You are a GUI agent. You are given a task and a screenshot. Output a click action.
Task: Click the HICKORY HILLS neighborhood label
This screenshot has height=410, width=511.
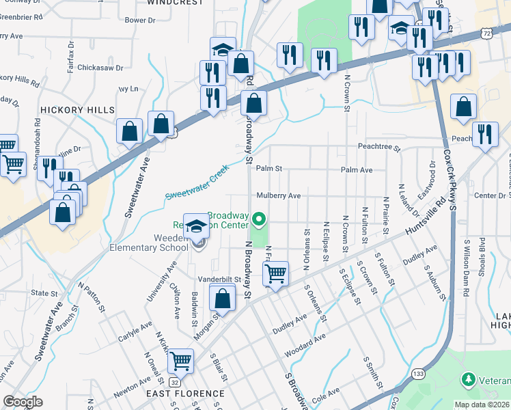[77, 109]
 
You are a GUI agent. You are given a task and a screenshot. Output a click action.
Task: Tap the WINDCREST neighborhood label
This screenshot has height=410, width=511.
[176, 3]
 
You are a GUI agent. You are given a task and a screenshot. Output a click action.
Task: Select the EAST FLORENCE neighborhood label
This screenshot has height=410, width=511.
[185, 394]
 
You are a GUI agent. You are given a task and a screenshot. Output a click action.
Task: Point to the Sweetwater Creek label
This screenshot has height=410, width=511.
[196, 187]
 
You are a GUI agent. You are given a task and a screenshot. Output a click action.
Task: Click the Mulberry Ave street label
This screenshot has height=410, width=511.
[278, 195]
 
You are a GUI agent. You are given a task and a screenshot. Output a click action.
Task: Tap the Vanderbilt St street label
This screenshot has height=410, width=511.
[220, 279]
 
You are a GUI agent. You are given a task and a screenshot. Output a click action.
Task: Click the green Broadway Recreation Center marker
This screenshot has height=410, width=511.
[259, 219]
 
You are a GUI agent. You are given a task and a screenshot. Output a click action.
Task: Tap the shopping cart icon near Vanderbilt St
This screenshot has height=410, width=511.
[275, 273]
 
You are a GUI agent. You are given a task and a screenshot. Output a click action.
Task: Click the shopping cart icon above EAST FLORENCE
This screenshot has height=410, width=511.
[180, 359]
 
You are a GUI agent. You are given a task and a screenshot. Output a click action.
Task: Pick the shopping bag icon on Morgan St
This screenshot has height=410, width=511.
[222, 298]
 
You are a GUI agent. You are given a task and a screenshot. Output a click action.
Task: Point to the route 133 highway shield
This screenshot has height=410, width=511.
[418, 373]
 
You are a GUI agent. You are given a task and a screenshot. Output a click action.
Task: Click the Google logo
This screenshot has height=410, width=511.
[23, 402]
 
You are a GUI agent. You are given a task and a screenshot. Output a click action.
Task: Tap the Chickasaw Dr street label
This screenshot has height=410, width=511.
[100, 68]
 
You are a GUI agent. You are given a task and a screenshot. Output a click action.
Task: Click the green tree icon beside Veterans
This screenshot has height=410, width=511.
[469, 378]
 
